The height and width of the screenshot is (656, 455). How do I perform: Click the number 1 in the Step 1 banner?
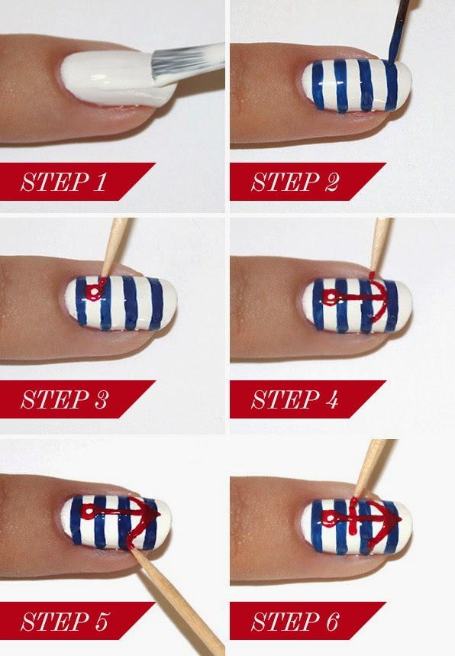tap(100, 182)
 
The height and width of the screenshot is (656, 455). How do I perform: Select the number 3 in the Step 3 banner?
tap(101, 399)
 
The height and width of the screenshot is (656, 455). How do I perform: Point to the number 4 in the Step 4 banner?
tap(331, 399)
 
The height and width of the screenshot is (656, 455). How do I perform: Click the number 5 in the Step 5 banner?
tap(102, 621)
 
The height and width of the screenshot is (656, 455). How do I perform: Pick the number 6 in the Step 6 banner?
tap(331, 621)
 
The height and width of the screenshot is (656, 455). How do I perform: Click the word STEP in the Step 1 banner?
tap(55, 182)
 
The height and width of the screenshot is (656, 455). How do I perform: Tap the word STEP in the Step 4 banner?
tap(286, 399)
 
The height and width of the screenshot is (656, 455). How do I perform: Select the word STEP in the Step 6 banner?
tap(286, 621)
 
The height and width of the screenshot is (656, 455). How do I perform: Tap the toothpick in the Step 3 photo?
tap(115, 246)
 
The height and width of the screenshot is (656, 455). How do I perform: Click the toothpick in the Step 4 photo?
tap(379, 244)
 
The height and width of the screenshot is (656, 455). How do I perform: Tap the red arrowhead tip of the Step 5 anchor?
tap(160, 514)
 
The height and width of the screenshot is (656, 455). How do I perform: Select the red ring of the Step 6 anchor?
tap(329, 519)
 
